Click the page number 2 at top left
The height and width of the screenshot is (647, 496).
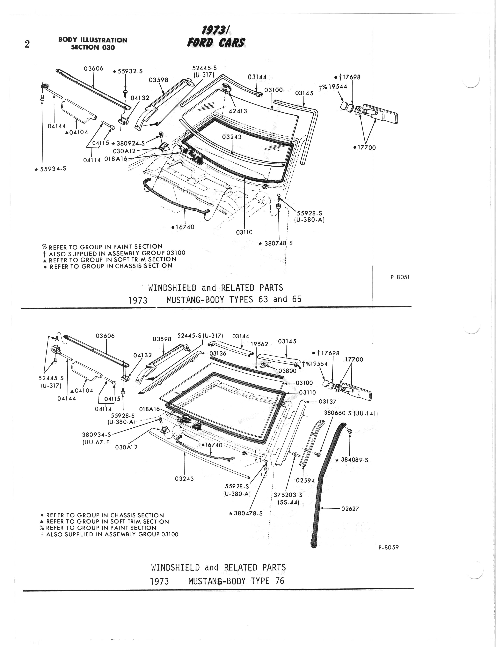click(x=27, y=44)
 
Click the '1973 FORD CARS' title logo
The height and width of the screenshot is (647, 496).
click(x=216, y=37)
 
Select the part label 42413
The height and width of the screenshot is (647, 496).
click(x=238, y=111)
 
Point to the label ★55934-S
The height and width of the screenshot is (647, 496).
click(x=50, y=169)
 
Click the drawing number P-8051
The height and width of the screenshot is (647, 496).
click(x=400, y=277)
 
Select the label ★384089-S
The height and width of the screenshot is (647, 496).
click(x=352, y=460)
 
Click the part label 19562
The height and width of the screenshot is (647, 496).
click(x=259, y=344)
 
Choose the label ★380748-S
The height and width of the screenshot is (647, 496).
click(x=275, y=244)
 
